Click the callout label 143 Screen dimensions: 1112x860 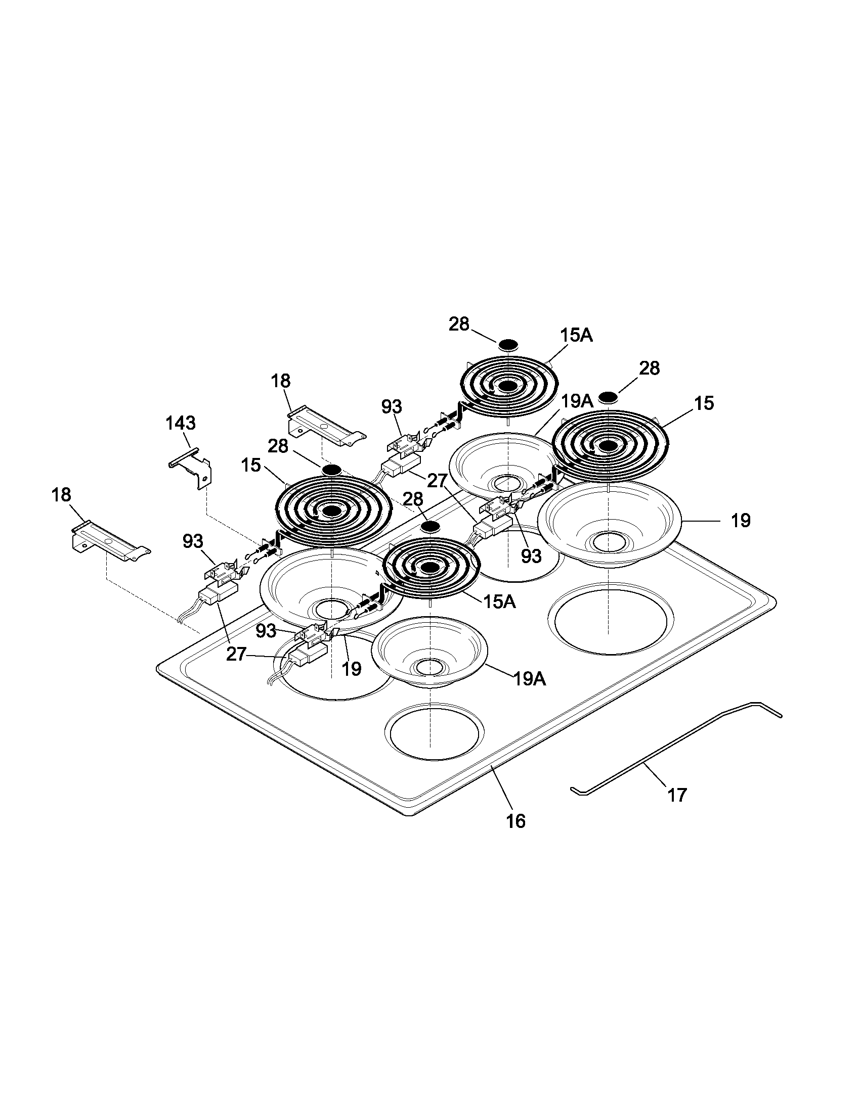pos(181,423)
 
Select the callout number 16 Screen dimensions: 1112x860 pos(515,821)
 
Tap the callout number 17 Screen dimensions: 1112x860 pos(677,794)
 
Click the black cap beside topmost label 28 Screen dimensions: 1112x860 pos(508,345)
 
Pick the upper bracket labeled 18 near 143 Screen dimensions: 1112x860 pos(325,427)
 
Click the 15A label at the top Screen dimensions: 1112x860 pos(576,335)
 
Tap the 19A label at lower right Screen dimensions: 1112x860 pos(529,679)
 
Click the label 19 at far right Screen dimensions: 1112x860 pos(740,520)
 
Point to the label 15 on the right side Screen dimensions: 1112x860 pos(704,403)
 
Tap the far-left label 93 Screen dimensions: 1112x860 pos(193,541)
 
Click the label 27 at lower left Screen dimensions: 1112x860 pos(236,654)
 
